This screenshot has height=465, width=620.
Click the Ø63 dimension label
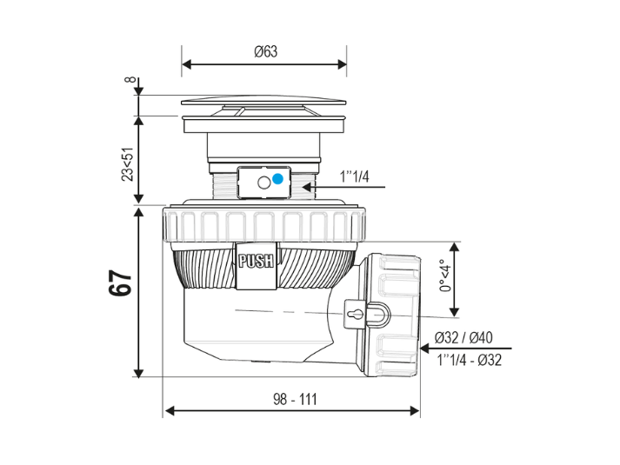click(x=265, y=51)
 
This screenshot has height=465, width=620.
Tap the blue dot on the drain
click(x=277, y=179)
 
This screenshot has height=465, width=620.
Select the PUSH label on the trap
click(x=256, y=260)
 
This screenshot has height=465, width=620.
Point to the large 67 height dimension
click(x=121, y=284)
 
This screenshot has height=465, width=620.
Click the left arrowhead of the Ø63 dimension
click(x=186, y=65)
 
